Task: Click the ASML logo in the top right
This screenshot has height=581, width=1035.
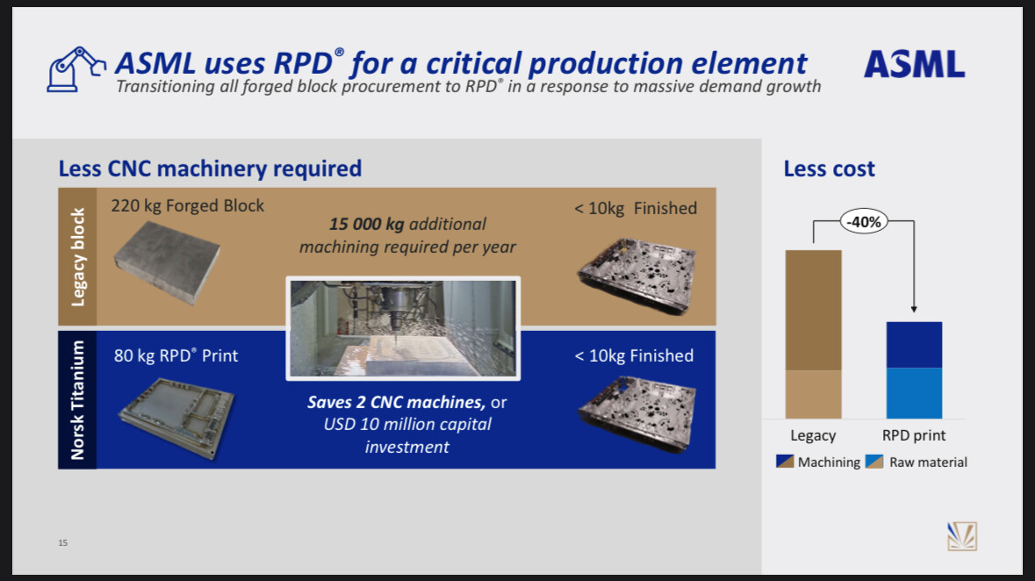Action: coord(914,64)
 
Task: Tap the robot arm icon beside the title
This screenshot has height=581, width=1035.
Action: coord(75,68)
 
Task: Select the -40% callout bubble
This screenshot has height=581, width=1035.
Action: coord(864,222)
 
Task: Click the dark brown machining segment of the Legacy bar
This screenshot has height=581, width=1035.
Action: coord(813,310)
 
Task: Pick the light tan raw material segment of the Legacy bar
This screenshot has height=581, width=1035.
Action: coord(813,394)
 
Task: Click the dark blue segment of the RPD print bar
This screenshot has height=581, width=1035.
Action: coord(914,345)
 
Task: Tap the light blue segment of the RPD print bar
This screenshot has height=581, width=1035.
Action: coord(914,393)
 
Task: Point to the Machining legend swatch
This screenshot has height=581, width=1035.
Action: coord(785,462)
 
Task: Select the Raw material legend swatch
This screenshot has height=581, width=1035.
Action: coord(874,462)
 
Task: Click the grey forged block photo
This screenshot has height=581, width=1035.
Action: coord(166,262)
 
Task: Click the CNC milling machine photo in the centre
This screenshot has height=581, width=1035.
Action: coord(403,328)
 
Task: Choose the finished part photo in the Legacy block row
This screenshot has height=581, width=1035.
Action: coord(637,276)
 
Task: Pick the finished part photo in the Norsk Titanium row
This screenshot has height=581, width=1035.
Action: coord(637,413)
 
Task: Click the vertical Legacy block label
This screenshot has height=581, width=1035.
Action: coord(78,257)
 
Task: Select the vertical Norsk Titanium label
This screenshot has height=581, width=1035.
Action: coord(77,400)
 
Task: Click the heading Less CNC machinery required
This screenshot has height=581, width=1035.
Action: coord(210,169)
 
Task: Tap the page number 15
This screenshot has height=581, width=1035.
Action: coord(62,542)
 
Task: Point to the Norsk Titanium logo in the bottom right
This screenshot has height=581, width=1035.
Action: coord(962,536)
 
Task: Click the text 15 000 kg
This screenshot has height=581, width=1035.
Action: coord(366,224)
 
